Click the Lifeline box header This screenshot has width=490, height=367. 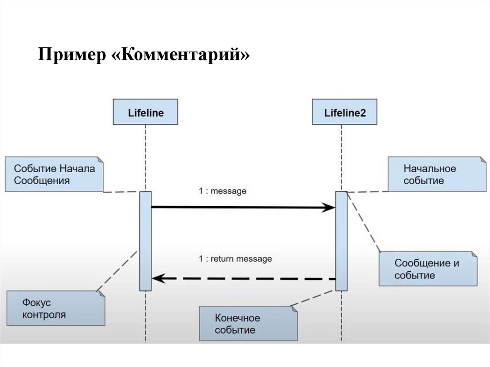[145, 112]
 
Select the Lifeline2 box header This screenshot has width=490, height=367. [344, 112]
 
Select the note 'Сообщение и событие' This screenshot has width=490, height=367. [428, 269]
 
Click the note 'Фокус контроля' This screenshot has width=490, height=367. [56, 308]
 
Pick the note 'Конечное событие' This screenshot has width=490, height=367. [248, 323]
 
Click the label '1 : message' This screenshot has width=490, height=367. [223, 191]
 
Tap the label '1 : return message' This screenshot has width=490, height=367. [235, 259]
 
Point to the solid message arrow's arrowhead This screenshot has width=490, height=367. [329, 207]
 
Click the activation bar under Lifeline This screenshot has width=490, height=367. [145, 241]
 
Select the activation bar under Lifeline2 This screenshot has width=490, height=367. [341, 241]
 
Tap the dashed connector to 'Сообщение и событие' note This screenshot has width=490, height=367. [364, 222]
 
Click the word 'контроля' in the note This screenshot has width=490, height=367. [44, 315]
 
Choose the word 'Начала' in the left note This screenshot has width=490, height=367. [77, 168]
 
